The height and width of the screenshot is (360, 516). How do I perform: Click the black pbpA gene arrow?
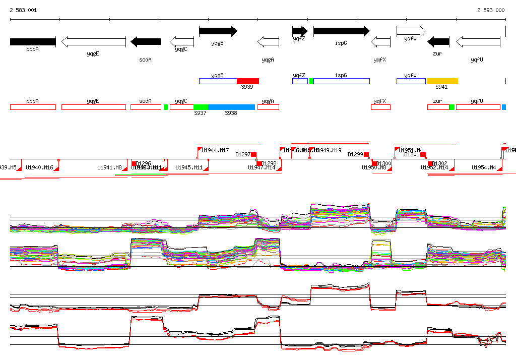click(33, 42)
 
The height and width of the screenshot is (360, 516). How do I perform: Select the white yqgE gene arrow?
click(94, 42)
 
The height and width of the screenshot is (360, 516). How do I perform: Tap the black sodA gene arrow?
click(146, 42)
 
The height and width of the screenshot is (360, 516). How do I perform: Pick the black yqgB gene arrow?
click(218, 31)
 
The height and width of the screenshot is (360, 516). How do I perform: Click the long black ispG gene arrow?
click(341, 31)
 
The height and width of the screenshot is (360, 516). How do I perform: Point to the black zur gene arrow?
click(438, 42)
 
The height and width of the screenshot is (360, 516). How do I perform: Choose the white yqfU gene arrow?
click(478, 42)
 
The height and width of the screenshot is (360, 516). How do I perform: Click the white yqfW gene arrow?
click(411, 31)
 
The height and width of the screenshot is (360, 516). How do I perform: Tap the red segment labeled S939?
click(247, 81)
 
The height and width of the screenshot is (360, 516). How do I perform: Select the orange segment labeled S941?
click(442, 81)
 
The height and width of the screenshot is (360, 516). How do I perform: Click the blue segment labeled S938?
click(231, 107)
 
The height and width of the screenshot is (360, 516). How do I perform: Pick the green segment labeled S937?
click(201, 107)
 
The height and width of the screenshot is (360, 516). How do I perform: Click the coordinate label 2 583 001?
click(23, 10)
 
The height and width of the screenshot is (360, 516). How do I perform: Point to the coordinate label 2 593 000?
click(491, 10)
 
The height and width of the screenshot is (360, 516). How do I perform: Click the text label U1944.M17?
click(215, 150)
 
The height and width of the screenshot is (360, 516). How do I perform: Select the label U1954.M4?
click(484, 167)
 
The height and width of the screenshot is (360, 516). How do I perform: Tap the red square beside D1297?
click(254, 154)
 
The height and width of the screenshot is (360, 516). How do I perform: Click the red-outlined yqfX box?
click(380, 107)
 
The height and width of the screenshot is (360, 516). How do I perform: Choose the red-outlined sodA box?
click(146, 107)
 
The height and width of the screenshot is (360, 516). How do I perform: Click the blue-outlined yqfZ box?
click(300, 81)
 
